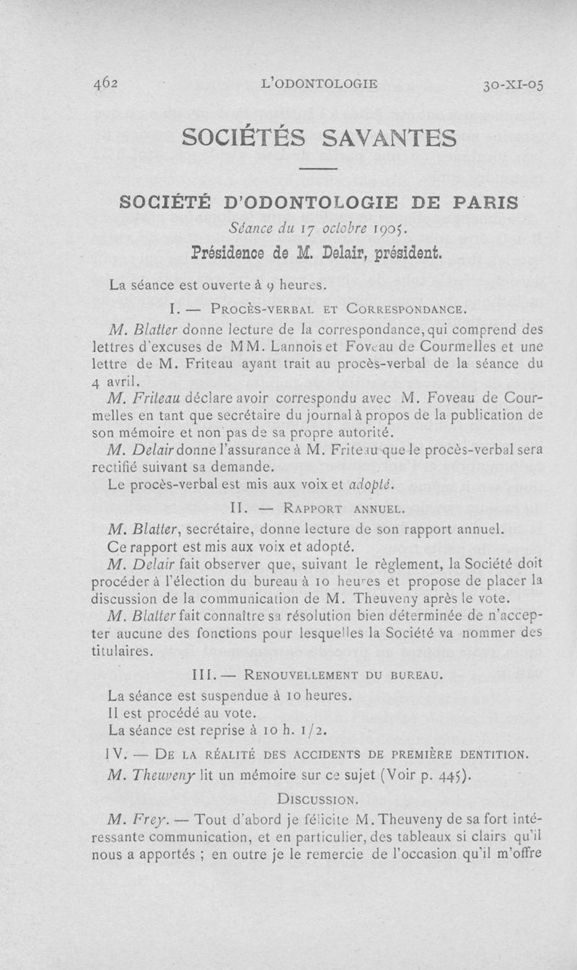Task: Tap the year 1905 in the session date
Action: pyautogui.click(x=389, y=230)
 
